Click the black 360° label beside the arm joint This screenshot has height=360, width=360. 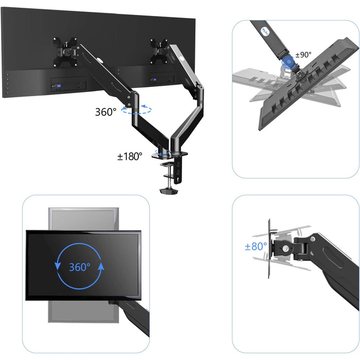click(x=105, y=112)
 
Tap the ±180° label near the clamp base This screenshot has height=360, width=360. click(x=130, y=156)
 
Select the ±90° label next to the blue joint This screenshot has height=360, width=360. click(x=303, y=55)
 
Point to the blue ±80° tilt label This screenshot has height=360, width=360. click(x=256, y=246)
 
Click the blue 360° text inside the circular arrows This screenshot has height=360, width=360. click(x=79, y=267)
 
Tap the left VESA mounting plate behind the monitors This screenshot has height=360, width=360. click(x=65, y=52)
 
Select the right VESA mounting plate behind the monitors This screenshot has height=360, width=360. click(x=159, y=51)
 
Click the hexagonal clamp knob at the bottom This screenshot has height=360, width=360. click(x=169, y=191)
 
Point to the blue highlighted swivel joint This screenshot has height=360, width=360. click(x=289, y=62)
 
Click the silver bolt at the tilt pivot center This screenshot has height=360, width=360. click(x=285, y=248)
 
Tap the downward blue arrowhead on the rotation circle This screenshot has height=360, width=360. click(x=58, y=266)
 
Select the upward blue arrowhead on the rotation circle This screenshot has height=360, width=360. click(x=101, y=266)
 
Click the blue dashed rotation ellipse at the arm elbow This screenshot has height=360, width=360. click(x=136, y=110)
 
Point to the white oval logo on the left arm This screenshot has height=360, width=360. click(x=100, y=60)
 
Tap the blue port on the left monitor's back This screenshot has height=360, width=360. click(x=59, y=86)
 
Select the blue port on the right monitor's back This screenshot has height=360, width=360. click(x=154, y=79)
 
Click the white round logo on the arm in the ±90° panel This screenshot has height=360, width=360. click(x=265, y=31)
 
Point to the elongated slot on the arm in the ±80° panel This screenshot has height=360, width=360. click(x=333, y=257)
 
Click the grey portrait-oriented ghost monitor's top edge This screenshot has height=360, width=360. click(x=83, y=208)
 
